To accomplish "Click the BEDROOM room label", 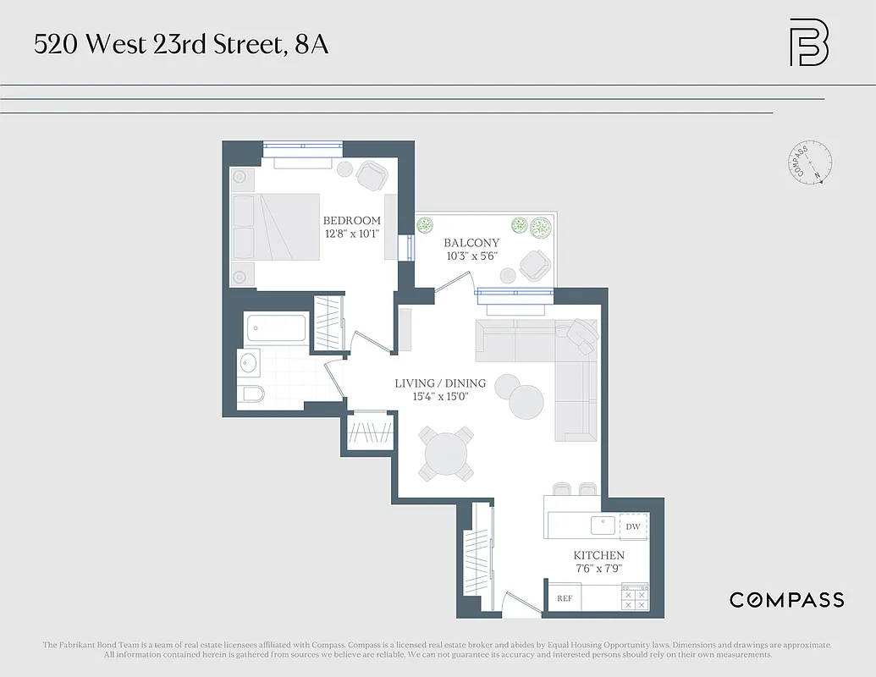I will pyautogui.click(x=352, y=221).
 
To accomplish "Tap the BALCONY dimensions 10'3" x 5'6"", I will pyautogui.click(x=471, y=256).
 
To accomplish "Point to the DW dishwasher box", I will pyautogui.click(x=633, y=526).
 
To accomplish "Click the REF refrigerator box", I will pyautogui.click(x=565, y=598).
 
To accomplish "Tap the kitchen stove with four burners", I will pyautogui.click(x=635, y=597).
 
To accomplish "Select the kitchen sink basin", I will pyautogui.click(x=603, y=526).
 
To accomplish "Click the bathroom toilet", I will pyautogui.click(x=252, y=394).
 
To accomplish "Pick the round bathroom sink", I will pyautogui.click(x=248, y=363).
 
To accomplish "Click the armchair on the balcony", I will pyautogui.click(x=535, y=266).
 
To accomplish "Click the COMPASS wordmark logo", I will pyautogui.click(x=786, y=600).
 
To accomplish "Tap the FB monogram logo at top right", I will pyautogui.click(x=808, y=42).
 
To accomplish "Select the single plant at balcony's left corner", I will pyautogui.click(x=425, y=225).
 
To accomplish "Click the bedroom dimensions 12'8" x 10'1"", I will pyautogui.click(x=352, y=234).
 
